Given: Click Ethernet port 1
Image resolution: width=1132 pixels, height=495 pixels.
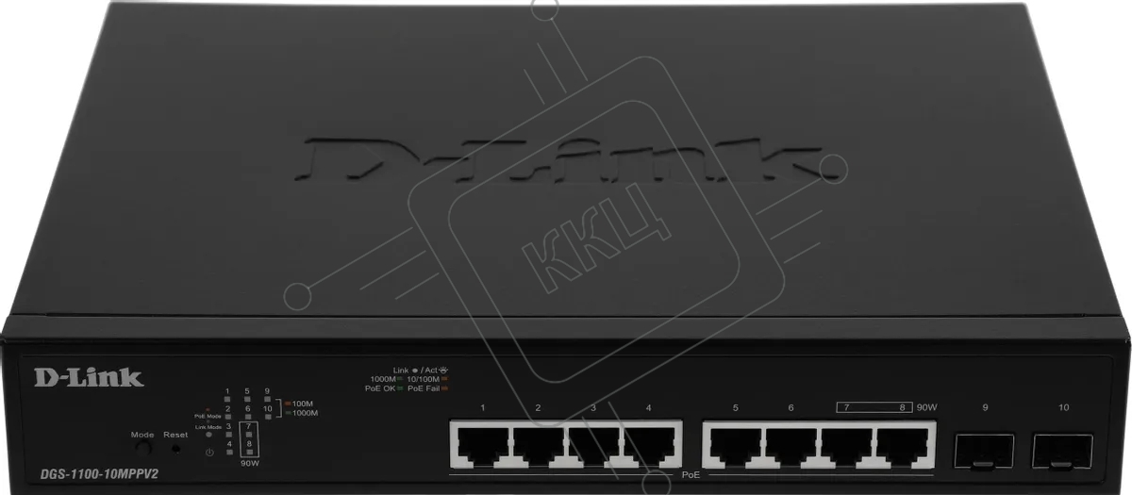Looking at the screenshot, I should [x=482, y=442].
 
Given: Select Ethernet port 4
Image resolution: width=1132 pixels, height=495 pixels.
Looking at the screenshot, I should [x=649, y=442].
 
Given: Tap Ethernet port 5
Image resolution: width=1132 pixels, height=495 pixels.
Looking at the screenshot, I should [x=735, y=442].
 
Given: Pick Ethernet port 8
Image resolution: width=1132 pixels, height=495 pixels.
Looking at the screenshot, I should [x=902, y=442].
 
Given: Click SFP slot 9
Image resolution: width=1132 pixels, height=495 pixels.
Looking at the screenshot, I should [x=985, y=451].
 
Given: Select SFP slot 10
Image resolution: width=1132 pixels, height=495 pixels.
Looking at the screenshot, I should [x=1063, y=451].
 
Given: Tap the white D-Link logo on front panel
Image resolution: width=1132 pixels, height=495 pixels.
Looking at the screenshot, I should [x=89, y=378].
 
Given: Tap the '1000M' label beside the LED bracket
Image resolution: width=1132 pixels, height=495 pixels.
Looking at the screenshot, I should [x=306, y=413].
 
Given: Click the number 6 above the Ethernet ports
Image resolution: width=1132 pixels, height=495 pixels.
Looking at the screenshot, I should [x=791, y=407].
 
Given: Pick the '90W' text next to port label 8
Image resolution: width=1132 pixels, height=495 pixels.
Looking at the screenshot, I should [x=925, y=407].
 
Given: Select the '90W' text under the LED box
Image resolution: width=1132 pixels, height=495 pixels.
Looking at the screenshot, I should [x=249, y=464].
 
